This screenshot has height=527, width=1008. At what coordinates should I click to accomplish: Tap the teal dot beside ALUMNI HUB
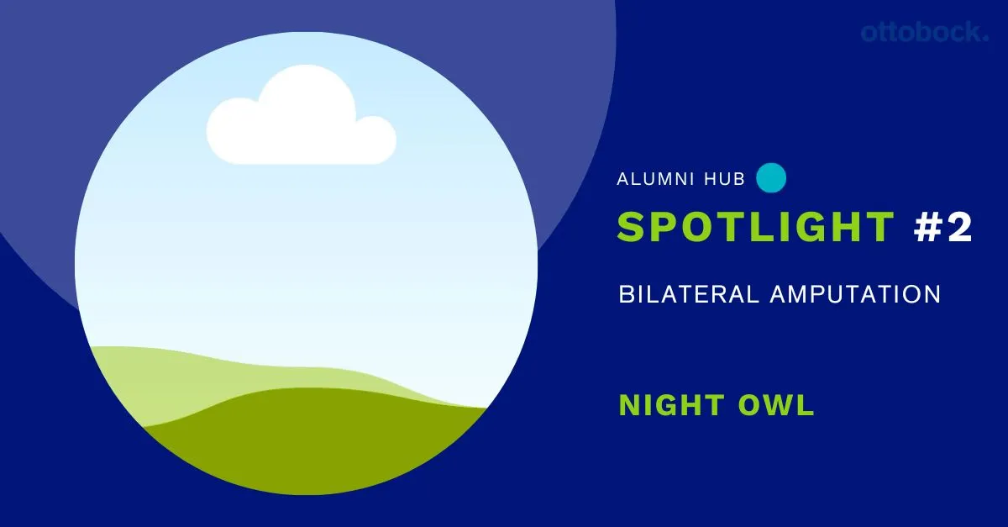click(771, 178)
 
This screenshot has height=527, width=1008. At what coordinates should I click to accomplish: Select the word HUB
click(724, 179)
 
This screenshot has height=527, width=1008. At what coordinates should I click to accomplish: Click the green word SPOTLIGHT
click(755, 227)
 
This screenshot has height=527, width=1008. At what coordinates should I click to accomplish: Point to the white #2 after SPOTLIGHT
click(942, 227)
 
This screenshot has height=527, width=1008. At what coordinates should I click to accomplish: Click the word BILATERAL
click(689, 294)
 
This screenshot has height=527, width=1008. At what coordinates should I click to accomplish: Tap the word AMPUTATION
click(855, 294)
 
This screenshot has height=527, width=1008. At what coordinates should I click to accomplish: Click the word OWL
click(776, 404)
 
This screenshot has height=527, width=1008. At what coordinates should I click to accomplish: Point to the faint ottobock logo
click(925, 33)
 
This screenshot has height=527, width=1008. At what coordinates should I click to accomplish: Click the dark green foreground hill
click(315, 446)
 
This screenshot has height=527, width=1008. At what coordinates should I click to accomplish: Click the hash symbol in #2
click(927, 227)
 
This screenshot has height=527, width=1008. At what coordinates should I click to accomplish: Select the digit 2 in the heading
click(958, 227)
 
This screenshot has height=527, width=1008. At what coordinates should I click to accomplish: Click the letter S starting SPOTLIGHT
click(632, 227)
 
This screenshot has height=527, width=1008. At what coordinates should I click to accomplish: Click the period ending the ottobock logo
click(985, 39)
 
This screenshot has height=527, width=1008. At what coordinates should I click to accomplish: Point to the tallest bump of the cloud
click(306, 67)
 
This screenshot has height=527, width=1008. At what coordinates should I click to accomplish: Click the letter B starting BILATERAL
click(626, 294)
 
